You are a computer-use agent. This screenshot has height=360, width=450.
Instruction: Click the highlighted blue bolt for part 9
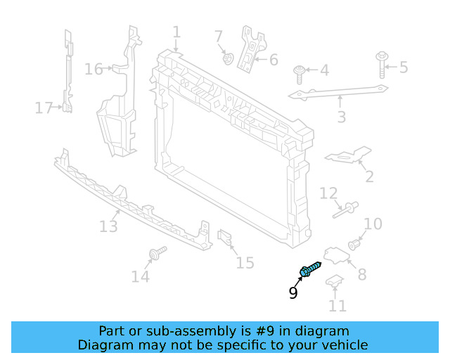310,269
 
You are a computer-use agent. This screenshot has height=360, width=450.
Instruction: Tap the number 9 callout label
293,292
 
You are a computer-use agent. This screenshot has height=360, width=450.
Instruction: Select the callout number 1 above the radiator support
176,32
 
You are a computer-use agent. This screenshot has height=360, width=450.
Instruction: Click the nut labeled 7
228,57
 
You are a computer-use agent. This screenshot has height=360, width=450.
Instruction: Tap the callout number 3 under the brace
342,117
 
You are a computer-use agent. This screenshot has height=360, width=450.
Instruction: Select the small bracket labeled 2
349,155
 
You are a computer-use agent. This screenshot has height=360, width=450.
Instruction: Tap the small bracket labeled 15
225,240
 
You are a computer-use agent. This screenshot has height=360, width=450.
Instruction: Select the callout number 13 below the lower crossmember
108,226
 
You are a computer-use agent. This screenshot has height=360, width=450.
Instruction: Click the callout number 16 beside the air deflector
94,69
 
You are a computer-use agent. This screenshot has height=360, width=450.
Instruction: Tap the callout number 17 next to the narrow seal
44,108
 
